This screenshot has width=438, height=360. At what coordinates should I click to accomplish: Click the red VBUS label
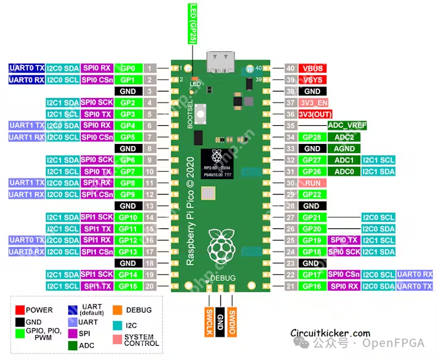(312, 68)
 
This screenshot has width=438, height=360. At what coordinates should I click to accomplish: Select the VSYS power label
(312, 80)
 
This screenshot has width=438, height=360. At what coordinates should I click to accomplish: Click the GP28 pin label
(312, 137)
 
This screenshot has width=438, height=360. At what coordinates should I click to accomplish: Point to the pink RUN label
(312, 183)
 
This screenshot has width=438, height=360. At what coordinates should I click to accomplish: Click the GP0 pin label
(128, 68)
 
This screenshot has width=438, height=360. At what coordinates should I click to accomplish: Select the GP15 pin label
(128, 286)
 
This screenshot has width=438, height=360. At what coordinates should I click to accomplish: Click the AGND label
(344, 149)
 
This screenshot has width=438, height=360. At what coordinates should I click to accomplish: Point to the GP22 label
(312, 195)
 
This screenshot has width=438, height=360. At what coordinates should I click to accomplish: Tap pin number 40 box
(290, 68)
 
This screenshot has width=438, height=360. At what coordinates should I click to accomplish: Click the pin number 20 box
(150, 286)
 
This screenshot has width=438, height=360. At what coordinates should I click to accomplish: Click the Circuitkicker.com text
(330, 333)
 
